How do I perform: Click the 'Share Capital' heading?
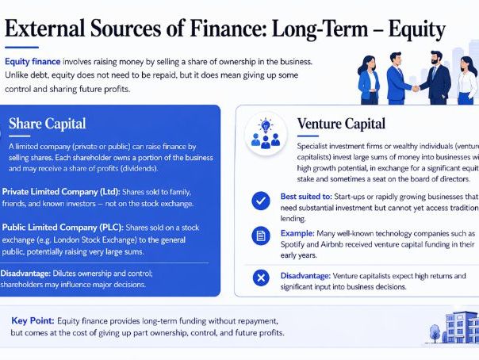click(x=47, y=124)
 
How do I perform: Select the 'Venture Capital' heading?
click(x=341, y=124)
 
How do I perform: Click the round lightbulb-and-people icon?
click(x=264, y=132)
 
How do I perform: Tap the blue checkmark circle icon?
click(x=259, y=201)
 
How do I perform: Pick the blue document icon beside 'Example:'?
click(x=259, y=236)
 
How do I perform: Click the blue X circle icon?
click(x=259, y=277)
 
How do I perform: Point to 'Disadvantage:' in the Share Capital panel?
click(x=32, y=274)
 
